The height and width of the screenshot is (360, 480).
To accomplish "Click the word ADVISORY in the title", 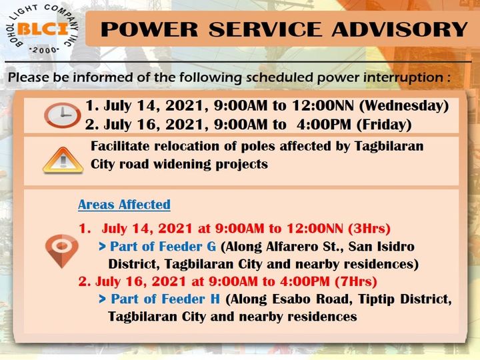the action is pos(399,29).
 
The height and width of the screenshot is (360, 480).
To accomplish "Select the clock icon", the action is pos(63,115).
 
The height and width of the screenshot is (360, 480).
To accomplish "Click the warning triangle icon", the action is pos(63,160).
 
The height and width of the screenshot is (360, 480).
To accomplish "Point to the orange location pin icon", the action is pos(61,251).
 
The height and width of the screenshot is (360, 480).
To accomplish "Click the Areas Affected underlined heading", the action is pos(124,205).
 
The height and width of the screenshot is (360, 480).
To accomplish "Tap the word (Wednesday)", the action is pos(404,105).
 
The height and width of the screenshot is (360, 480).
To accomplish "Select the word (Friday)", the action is pos(384,125).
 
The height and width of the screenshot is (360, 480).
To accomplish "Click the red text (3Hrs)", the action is pos(369,229).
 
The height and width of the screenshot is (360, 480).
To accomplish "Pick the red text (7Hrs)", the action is pos(356,281).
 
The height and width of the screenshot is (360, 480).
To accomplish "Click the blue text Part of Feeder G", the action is pos(163,247).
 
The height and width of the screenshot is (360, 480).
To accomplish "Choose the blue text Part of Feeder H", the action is pos(165,299).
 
